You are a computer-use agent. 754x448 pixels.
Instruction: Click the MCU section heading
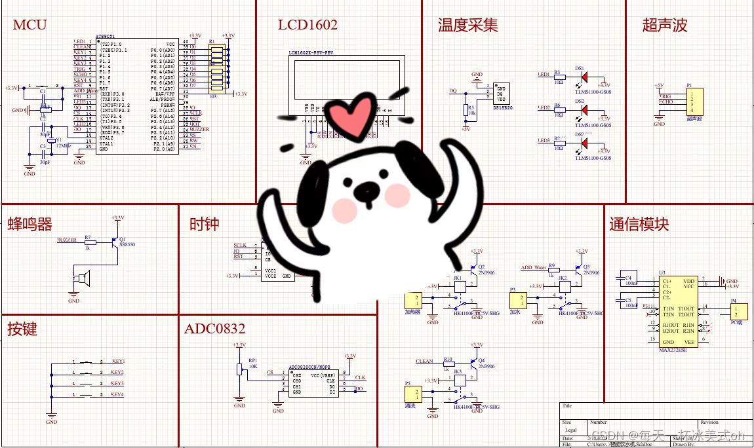coord(30,25)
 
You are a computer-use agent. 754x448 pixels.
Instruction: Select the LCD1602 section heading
coord(308,25)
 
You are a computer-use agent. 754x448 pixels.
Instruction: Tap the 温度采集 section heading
coord(467,25)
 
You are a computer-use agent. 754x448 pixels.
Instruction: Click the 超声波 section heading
coord(665,25)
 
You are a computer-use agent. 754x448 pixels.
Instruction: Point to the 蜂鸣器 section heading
coord(30,224)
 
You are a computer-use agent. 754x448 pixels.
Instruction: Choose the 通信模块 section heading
coord(639,224)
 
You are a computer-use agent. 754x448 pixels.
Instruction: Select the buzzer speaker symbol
coord(82,279)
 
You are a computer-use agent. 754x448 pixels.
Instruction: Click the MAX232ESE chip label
coord(673,350)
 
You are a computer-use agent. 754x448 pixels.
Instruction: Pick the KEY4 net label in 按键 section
coord(118,394)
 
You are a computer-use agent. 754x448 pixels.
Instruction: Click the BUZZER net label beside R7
coord(67,240)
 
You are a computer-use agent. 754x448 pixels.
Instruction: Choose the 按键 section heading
coord(22,329)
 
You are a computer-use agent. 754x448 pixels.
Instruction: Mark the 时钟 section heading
coord(204,224)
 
